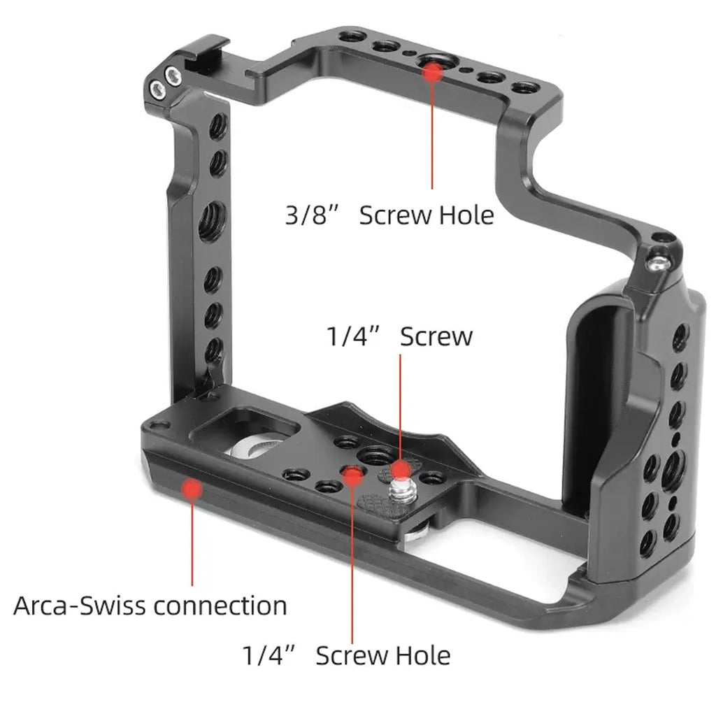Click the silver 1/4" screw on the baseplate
[x=401, y=489]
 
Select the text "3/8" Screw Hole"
[x=389, y=215]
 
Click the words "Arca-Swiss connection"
[x=150, y=605]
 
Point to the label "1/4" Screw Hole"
[x=346, y=655]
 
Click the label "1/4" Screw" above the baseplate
[x=399, y=336]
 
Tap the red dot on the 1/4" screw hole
[x=352, y=476]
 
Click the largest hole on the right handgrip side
[x=674, y=467]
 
